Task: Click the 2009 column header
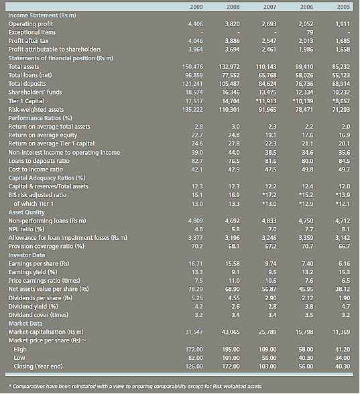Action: [x=196, y=7]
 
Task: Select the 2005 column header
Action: [x=343, y=7]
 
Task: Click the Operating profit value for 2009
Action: [x=195, y=24]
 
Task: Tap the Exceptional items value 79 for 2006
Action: [x=310, y=32]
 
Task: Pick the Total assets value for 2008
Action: [x=229, y=67]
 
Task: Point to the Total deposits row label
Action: [x=27, y=84]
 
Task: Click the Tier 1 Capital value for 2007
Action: [x=266, y=101]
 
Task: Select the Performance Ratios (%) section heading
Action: [x=40, y=118]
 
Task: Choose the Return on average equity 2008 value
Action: [x=234, y=135]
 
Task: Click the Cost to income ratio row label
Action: [x=36, y=170]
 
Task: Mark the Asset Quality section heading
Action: [x=26, y=212]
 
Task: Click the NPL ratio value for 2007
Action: [x=272, y=229]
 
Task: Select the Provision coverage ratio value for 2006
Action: [x=308, y=247]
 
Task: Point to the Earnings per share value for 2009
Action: [x=196, y=263]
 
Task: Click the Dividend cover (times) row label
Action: [x=38, y=315]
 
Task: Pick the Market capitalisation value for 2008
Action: [x=231, y=332]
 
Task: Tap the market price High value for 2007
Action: [x=267, y=350]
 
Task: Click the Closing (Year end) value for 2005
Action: [x=343, y=367]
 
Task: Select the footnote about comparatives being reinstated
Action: [x=135, y=386]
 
